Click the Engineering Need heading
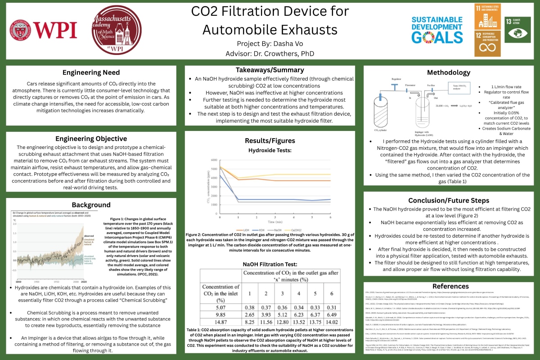tap(91, 72)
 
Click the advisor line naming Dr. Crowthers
tap(270, 54)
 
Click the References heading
tap(450, 286)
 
